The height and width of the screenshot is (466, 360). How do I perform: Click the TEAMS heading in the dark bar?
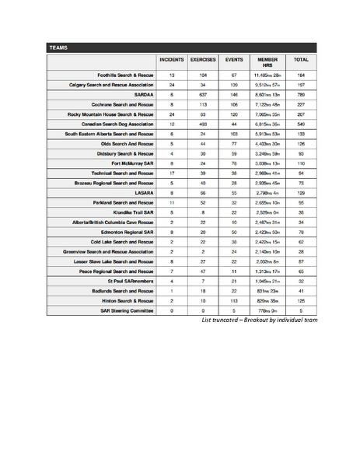tap(58, 47)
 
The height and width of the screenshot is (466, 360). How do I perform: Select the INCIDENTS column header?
tap(171, 59)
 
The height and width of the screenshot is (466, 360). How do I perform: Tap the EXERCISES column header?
tap(203, 59)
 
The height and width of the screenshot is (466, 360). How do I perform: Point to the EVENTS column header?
tap(233, 59)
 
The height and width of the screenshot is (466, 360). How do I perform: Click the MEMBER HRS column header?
tap(267, 61)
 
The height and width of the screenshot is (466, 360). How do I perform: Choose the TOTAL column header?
tap(301, 59)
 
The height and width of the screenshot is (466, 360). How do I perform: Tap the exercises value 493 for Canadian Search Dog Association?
tap(203, 124)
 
